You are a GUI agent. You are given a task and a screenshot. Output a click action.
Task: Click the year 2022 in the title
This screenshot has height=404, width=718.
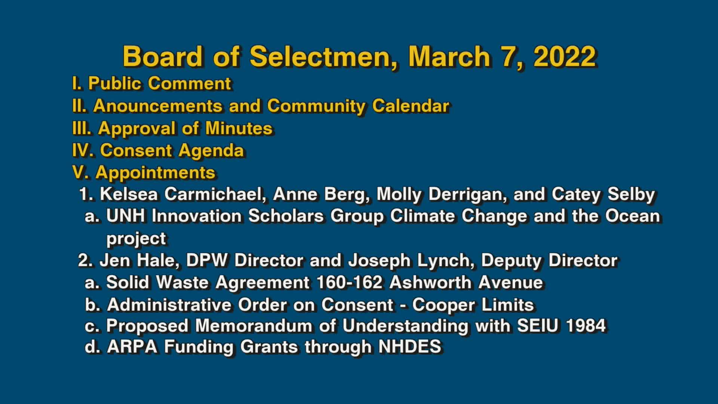click(x=564, y=57)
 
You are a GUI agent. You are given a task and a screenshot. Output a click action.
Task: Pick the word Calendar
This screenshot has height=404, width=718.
click(x=411, y=106)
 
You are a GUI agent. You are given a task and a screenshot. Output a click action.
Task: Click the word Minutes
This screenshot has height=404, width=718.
click(x=239, y=128)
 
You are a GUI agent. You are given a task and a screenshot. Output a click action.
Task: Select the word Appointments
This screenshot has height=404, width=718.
click(x=155, y=173)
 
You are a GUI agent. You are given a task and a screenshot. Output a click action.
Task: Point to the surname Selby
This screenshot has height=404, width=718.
click(x=631, y=194)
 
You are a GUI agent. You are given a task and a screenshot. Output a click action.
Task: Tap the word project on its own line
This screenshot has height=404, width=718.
click(x=136, y=239)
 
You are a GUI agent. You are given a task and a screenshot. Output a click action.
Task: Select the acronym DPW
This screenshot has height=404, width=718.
click(x=207, y=260)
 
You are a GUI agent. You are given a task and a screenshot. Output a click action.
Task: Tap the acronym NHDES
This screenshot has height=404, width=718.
click(x=410, y=347)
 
